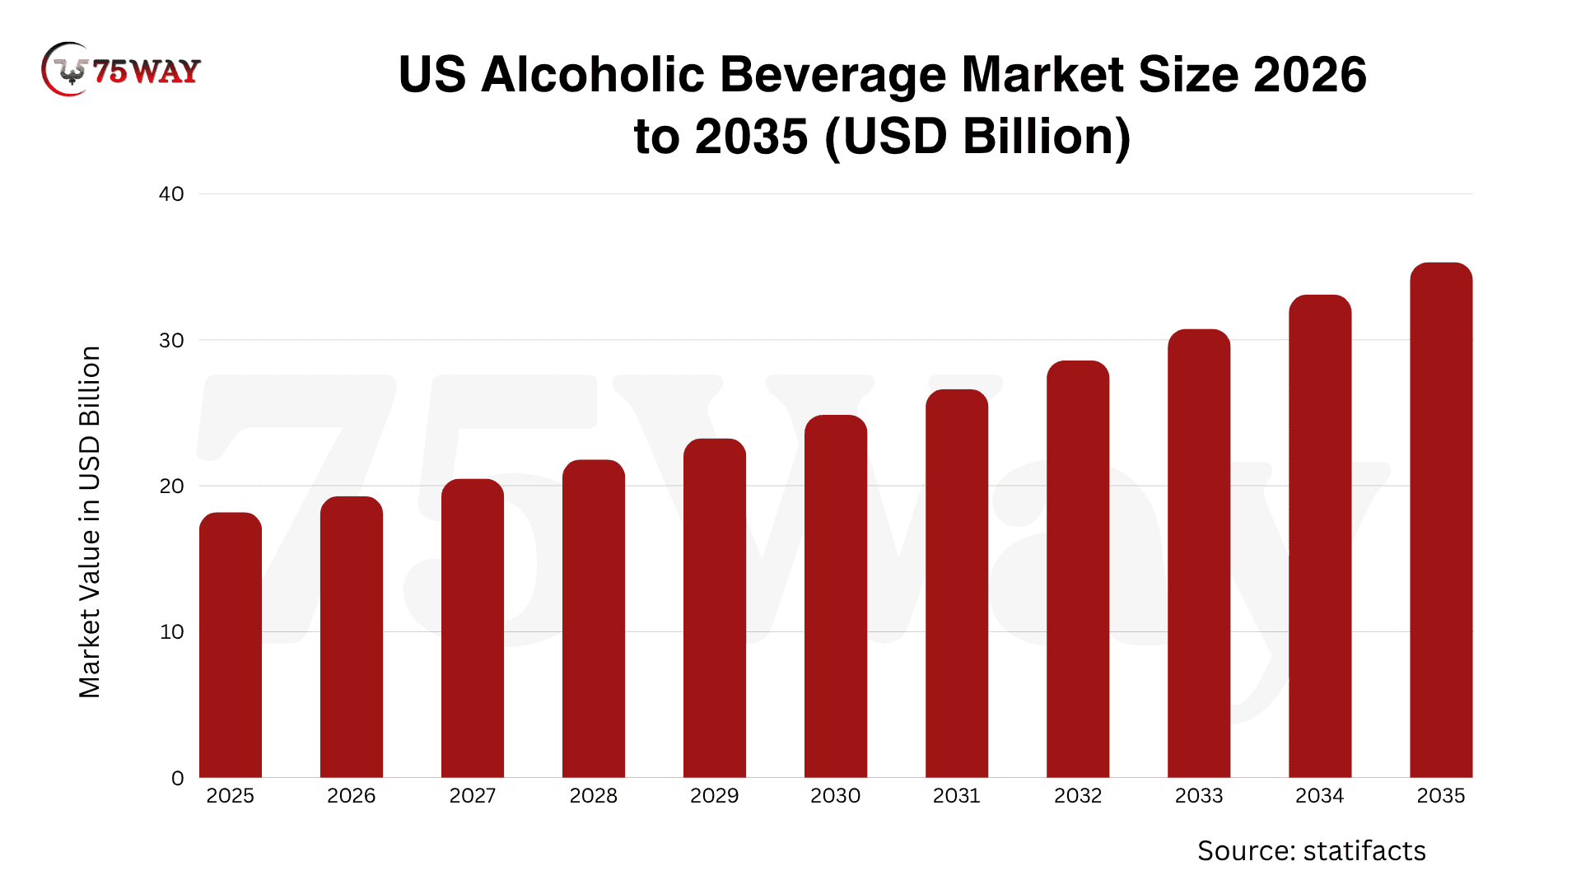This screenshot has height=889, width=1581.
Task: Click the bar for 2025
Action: pos(231,645)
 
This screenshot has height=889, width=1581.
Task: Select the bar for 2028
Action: pos(594,618)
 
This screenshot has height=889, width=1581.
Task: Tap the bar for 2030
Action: pos(836,596)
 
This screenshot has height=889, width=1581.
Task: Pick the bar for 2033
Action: pos(1199,553)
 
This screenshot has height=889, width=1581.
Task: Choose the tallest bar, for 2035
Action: pos(1441,520)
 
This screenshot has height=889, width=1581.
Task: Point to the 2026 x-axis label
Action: pos(352,796)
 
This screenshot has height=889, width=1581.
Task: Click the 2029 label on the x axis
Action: pos(715,796)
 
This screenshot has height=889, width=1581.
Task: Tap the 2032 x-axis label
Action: pos(1078,796)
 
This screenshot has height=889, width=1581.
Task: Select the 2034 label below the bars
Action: pos(1320,796)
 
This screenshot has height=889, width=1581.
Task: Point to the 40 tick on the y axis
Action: pos(171,194)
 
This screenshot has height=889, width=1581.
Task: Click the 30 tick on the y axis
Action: pos(171,340)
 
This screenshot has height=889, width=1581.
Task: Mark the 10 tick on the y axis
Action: pos(171,632)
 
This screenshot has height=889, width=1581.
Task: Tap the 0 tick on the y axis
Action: pos(178,779)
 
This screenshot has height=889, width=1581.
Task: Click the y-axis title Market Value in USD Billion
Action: pos(90,522)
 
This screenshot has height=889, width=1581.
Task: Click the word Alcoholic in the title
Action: pos(593,75)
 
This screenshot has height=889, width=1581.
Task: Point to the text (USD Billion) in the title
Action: pos(977,137)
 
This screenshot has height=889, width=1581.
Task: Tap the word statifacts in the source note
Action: pos(1364,851)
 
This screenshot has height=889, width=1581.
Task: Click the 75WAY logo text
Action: pos(147,72)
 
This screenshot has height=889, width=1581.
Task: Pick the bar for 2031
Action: pos(957,584)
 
